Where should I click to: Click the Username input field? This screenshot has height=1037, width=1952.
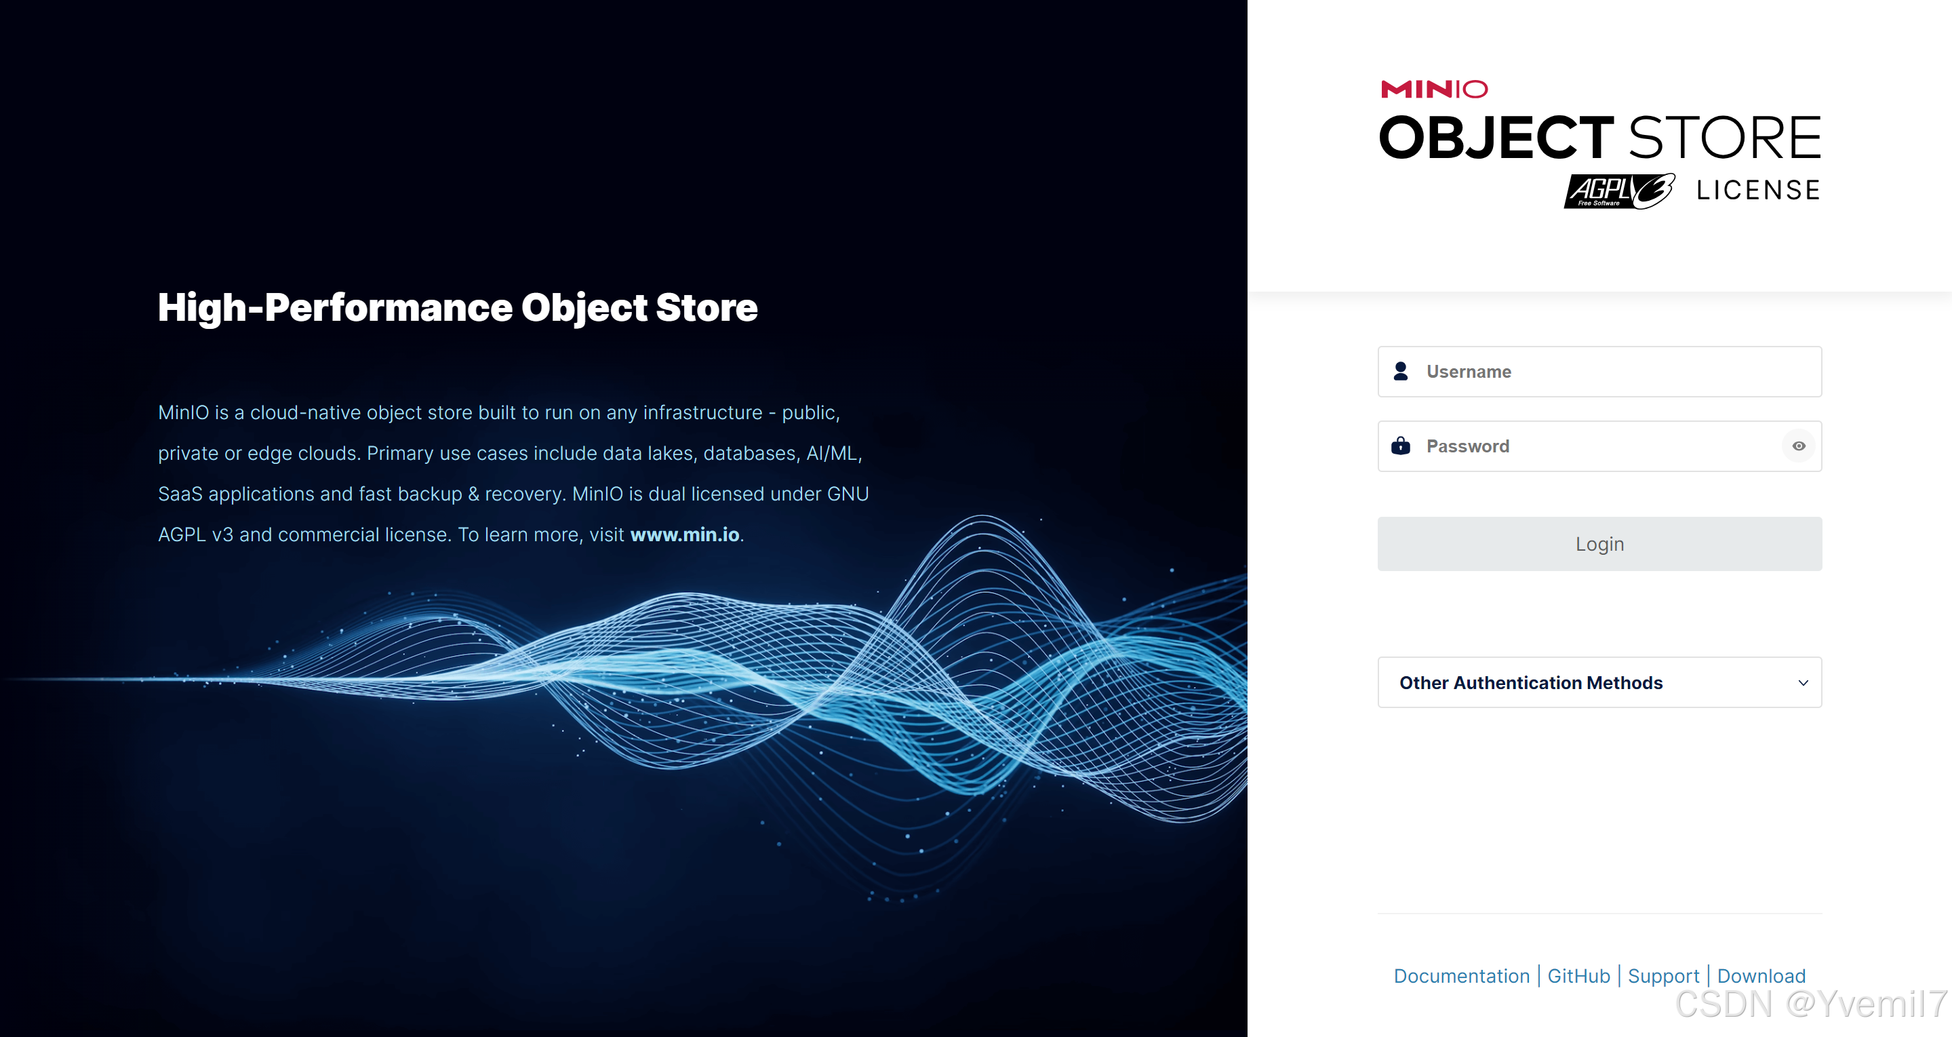click(x=1599, y=372)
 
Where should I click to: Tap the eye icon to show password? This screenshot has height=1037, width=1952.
click(x=1799, y=446)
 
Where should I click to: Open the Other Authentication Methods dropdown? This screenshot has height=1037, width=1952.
click(x=1599, y=682)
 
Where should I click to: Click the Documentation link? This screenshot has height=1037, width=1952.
click(x=1462, y=975)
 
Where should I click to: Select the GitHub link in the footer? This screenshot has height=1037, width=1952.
click(x=1578, y=975)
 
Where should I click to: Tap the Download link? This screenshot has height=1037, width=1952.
click(x=1761, y=975)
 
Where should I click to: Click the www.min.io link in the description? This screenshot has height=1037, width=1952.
click(x=684, y=534)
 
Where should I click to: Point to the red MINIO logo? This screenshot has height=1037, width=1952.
click(x=1435, y=90)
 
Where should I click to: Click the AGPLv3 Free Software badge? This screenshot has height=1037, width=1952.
click(x=1619, y=191)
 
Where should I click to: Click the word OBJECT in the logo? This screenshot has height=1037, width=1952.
click(x=1496, y=138)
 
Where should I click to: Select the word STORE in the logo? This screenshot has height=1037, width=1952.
click(x=1725, y=138)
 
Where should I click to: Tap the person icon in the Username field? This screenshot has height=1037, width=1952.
click(x=1400, y=372)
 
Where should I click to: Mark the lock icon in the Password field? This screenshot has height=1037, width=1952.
click(x=1400, y=446)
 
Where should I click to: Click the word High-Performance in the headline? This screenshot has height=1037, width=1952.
click(x=334, y=308)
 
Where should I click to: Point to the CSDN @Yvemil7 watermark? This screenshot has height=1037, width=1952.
click(x=1811, y=1004)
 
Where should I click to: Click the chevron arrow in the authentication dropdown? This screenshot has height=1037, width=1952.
click(x=1804, y=683)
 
